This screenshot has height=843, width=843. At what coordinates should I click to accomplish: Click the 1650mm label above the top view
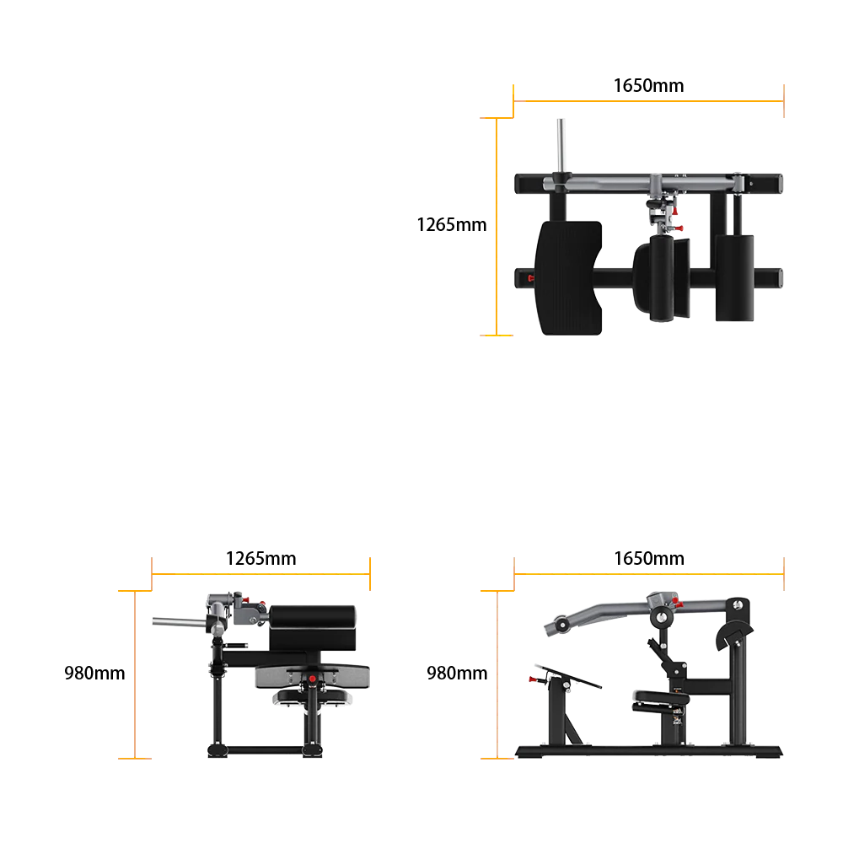click(649, 85)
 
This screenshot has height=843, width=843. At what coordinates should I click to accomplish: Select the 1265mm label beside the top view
click(452, 225)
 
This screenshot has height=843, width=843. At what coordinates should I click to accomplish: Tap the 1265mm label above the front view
click(260, 559)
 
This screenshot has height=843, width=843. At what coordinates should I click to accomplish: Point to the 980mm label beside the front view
click(94, 673)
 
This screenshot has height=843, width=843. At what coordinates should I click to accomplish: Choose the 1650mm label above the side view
click(649, 559)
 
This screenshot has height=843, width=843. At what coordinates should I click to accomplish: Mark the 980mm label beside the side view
click(457, 673)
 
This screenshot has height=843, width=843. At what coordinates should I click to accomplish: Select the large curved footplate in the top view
click(569, 278)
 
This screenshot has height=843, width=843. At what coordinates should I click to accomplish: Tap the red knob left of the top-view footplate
click(530, 278)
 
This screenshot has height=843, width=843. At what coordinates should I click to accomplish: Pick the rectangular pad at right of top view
click(734, 278)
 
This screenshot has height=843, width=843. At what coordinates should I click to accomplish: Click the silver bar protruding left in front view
click(180, 622)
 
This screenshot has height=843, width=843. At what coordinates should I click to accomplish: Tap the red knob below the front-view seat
click(313, 679)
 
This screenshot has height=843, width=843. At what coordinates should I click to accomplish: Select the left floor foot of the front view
click(217, 750)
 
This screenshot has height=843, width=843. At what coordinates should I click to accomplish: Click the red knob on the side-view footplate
click(535, 679)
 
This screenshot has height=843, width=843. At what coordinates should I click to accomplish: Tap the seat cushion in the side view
click(661, 697)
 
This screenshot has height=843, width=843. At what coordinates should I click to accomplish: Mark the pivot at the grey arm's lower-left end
click(561, 625)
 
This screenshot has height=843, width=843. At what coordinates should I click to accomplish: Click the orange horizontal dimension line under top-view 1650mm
click(649, 100)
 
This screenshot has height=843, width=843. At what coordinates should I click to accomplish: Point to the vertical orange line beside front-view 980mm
click(135, 674)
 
